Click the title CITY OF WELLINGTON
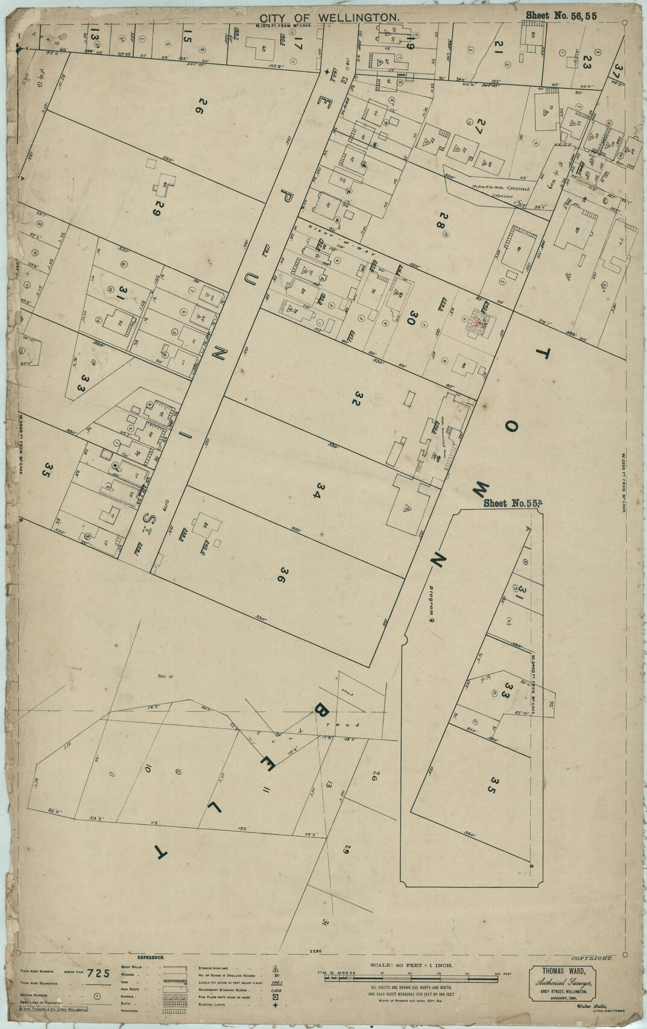click(x=329, y=19)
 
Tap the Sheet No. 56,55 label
click(x=561, y=16)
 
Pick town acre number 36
click(x=280, y=574)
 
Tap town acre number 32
click(x=357, y=399)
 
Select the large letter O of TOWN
click(x=511, y=427)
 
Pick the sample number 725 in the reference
click(x=98, y=973)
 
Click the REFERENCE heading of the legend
click(x=150, y=957)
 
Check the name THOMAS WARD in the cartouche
click(x=560, y=971)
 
